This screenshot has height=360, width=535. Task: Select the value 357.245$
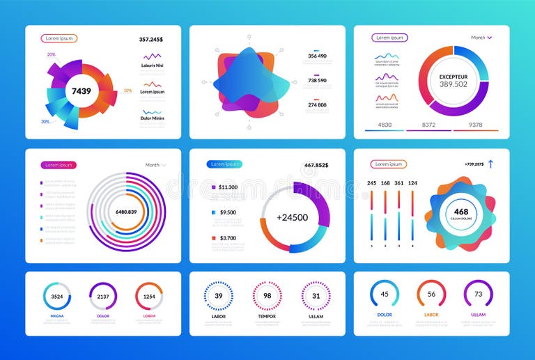coord(150,40)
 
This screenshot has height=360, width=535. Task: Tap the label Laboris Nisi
coord(153,66)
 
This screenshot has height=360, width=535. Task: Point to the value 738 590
coord(317,81)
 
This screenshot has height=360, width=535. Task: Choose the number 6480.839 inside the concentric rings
coord(126,211)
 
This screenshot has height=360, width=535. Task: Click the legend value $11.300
coord(228,187)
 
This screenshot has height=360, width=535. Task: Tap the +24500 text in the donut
coord(292,217)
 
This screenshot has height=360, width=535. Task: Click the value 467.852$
coord(316,165)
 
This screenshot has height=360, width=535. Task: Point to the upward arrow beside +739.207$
coord(490,164)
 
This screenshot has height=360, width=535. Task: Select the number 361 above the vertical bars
coord(399,183)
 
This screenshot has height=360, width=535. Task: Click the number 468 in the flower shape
coord(461,212)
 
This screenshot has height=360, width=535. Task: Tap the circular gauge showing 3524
coord(57,296)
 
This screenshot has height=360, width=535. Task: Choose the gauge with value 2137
coord(103,296)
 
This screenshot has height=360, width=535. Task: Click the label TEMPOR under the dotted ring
coord(267,317)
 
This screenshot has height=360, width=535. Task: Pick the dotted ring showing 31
coord(316,296)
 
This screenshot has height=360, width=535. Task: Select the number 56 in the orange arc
coord(431,294)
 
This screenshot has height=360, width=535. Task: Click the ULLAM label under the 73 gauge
coord(478,315)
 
